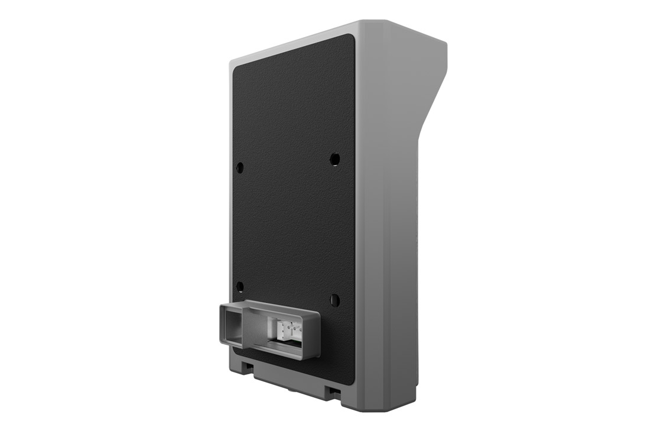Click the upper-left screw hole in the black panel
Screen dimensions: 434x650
pos(240,167)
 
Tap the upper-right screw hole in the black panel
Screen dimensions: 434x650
pos(335,159)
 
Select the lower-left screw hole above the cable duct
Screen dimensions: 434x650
pos(240,287)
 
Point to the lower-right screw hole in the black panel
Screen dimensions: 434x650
pos(335,299)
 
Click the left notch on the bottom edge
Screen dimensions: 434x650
pos(250,367)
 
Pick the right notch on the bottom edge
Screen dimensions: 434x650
pos(334,391)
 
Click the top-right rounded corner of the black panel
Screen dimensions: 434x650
pos(348,39)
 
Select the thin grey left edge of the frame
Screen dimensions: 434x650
pos(230,207)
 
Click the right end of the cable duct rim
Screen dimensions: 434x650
pos(317,331)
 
